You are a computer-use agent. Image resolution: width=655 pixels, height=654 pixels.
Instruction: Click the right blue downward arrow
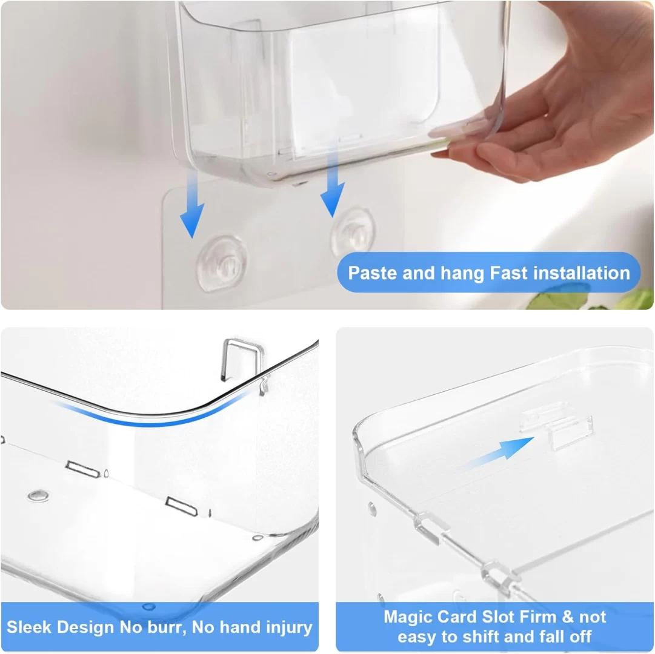point(332,184)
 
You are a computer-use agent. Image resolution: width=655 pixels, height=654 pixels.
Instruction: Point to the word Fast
point(510,273)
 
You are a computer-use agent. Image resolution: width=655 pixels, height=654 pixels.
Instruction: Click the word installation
point(582,273)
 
